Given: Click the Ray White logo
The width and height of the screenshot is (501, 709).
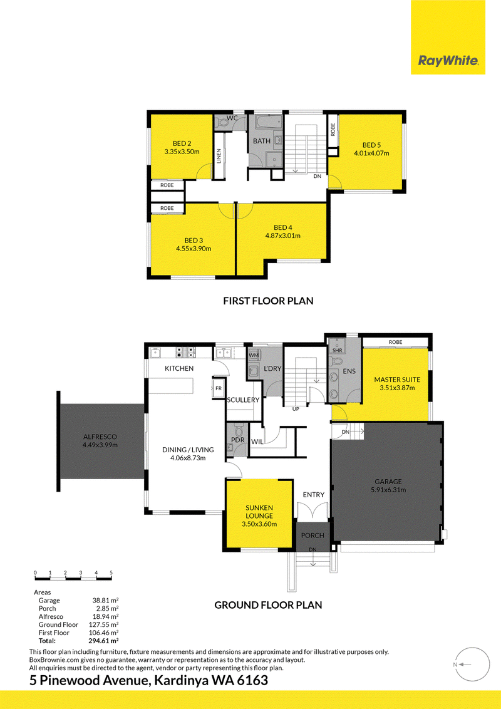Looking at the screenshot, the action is pos(448,61).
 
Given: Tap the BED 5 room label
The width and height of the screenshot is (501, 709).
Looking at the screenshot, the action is pos(372,145).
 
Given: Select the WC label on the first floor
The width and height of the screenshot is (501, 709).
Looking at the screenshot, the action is pos(232,118).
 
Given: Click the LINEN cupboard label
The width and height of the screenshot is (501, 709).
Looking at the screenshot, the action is pos(219,157).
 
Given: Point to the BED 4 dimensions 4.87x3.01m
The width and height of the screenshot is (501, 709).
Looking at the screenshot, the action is pos(282,235).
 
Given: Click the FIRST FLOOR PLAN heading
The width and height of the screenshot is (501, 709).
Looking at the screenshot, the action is pos(268,301).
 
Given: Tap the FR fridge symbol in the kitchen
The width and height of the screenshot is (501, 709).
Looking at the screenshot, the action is pos(219,388).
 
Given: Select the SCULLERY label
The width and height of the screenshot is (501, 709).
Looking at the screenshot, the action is pos(243,400).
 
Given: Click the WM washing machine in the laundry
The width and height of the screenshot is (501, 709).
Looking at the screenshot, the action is pos(254,355).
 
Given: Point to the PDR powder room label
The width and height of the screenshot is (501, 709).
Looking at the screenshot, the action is pos(238,440).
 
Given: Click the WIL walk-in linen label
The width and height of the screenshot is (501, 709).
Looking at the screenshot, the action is pos(257,442).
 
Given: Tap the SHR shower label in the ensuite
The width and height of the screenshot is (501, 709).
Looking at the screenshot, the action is pos(338,351).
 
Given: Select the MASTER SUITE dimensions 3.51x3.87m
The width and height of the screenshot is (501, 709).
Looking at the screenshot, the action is pos(398,388).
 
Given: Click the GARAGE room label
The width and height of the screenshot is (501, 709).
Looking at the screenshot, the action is pos(388,482).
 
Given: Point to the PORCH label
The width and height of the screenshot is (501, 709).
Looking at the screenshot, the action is pos(312,536).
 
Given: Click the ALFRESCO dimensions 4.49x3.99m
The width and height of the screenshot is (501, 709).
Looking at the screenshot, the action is pos(100,445).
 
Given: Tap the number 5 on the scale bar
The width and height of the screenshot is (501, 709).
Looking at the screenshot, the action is pos(111,573).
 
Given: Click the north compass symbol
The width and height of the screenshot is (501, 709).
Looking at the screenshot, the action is pos(473,665).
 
